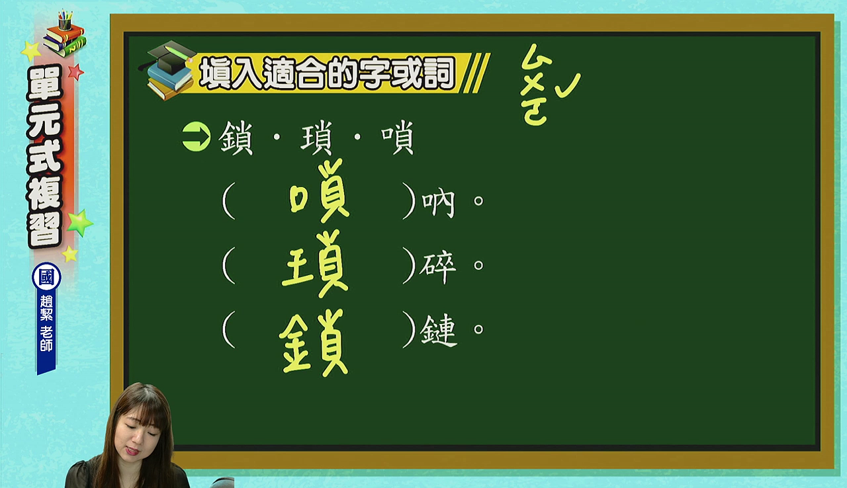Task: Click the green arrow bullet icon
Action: click(197, 136)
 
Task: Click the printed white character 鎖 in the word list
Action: click(236, 138)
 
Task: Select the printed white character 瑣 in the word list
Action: click(316, 138)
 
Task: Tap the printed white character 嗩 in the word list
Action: click(398, 138)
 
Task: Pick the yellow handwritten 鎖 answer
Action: click(314, 343)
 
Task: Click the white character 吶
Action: click(438, 204)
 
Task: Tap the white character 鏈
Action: click(439, 331)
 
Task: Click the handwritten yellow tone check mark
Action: click(568, 86)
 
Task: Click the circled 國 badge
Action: click(46, 277)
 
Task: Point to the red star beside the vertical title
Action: click(75, 72)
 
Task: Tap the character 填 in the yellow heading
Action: click(216, 73)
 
